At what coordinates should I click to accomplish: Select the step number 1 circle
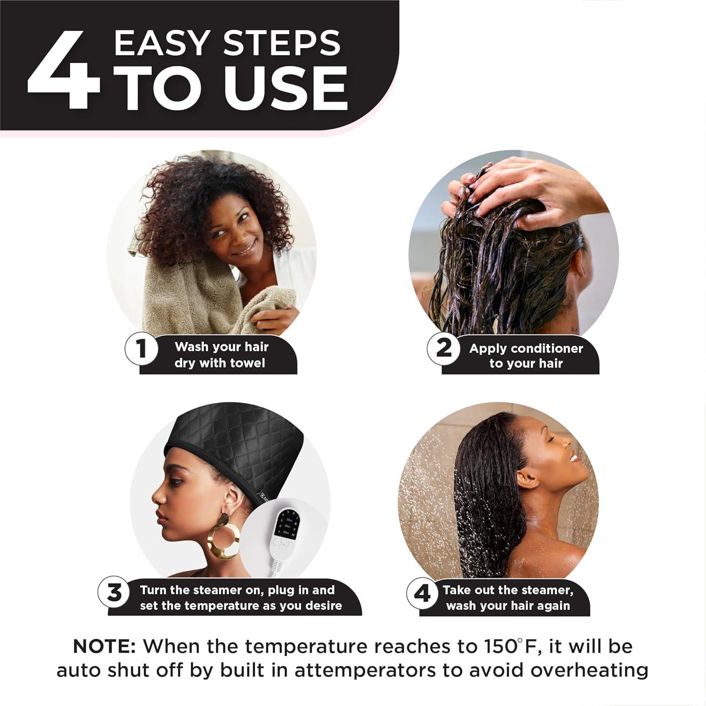click(x=140, y=350)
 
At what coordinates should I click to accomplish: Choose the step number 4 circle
click(x=422, y=594)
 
